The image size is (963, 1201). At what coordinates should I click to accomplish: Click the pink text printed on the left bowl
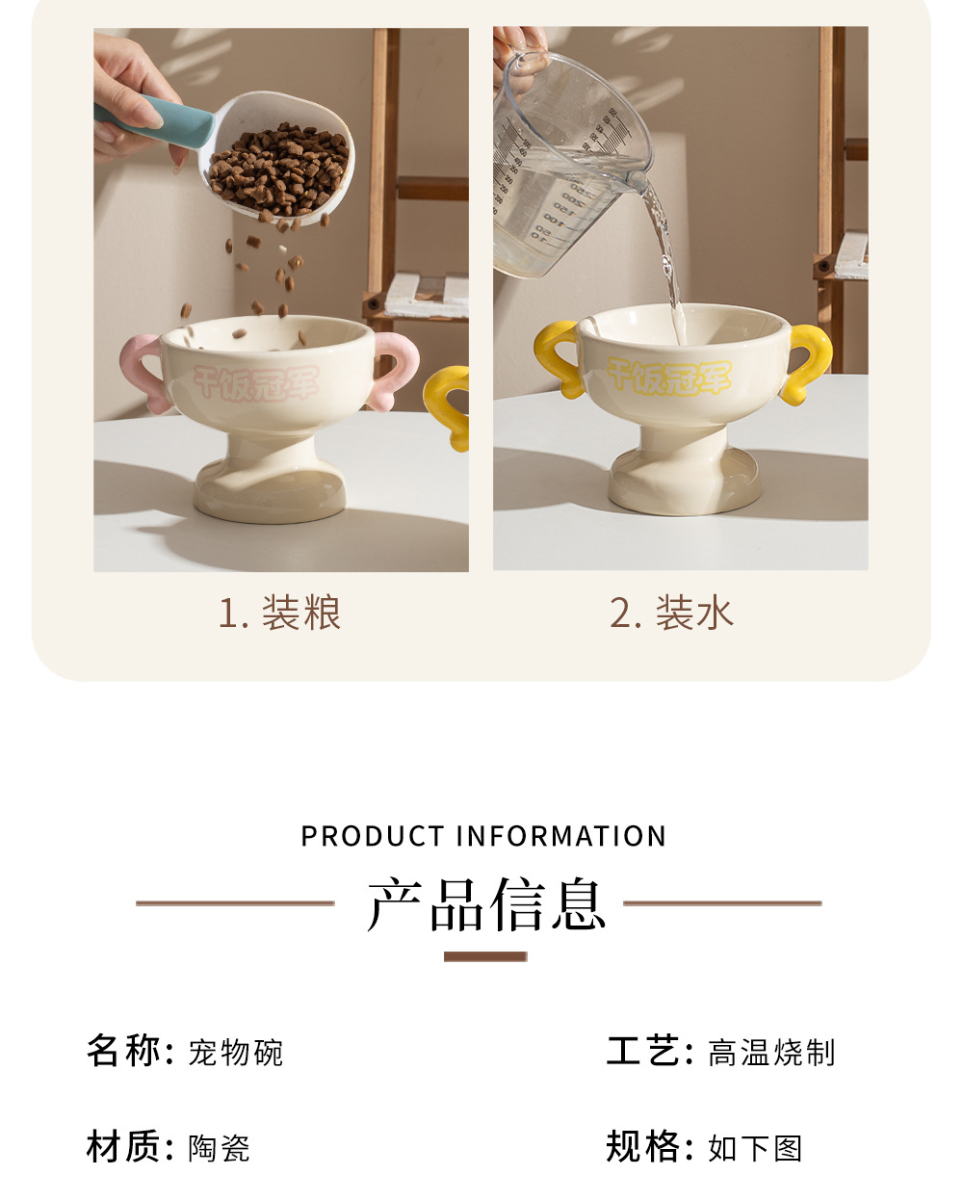tap(256, 382)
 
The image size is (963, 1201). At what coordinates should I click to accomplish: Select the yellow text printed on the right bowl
tap(668, 375)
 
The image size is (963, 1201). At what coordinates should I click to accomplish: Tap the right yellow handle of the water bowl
tap(807, 363)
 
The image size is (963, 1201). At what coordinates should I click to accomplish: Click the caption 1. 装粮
tap(279, 613)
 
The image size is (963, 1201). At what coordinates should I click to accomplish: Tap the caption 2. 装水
tap(671, 613)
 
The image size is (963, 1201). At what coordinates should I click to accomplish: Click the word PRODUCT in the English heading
tap(372, 836)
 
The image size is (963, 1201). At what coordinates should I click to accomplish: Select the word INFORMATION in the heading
tap(561, 836)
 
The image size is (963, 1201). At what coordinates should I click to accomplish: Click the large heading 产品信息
tap(486, 904)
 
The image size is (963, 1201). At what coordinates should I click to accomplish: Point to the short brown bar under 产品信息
tap(485, 956)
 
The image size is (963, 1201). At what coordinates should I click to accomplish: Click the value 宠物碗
tap(235, 1053)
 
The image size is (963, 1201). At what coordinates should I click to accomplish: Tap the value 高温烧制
tap(771, 1053)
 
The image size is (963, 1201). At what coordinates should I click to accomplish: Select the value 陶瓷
tap(219, 1149)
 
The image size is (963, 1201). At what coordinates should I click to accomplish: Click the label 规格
tap(642, 1147)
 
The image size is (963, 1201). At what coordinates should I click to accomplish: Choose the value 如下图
tap(755, 1149)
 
